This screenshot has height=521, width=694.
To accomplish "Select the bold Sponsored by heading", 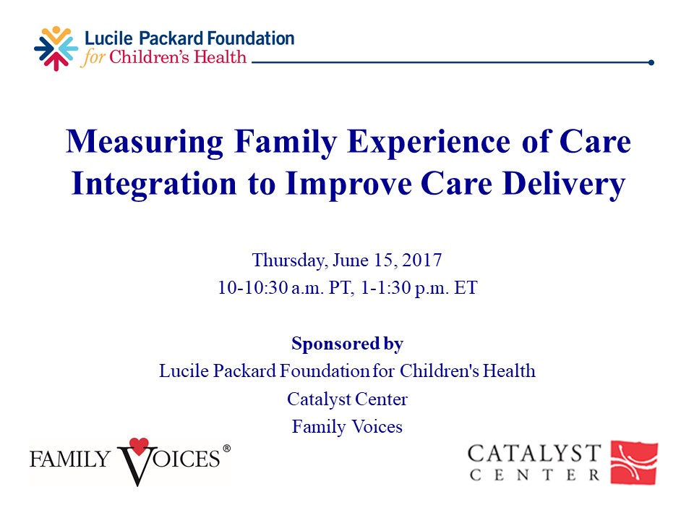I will tap(347, 343).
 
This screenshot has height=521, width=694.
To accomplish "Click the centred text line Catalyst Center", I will tap(347, 399).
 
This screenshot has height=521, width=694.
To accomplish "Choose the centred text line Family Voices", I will tap(347, 427).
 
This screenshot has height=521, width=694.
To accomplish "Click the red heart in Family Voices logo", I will tap(138, 446).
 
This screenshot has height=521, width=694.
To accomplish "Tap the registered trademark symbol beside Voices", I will tap(226, 449).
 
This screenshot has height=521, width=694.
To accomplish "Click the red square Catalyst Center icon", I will tap(634, 462).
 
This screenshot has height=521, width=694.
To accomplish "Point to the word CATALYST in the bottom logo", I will tap(534, 454).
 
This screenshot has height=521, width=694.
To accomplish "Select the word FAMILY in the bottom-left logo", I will tap(69, 458).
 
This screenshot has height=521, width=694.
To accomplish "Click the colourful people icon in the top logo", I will tap(56, 48).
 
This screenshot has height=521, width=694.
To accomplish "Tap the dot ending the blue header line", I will tap(651, 62).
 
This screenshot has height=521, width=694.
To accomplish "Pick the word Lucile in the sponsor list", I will tap(181, 371).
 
